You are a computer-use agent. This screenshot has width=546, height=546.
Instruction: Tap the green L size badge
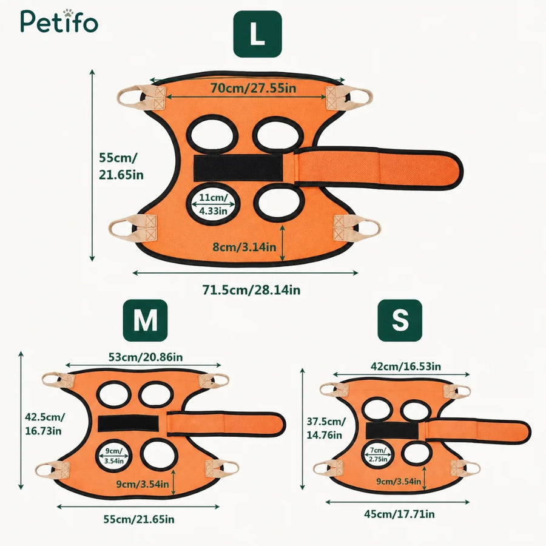point(257,34)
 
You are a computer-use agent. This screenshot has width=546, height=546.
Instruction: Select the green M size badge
point(145,320)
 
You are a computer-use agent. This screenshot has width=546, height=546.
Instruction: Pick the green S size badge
point(400,320)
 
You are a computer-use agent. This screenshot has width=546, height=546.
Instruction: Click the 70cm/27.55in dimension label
point(253,88)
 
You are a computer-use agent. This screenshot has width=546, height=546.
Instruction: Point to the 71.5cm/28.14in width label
point(251,290)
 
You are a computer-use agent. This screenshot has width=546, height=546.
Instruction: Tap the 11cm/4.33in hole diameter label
point(213,204)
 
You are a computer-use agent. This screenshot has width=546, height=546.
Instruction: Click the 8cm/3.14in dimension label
point(244,247)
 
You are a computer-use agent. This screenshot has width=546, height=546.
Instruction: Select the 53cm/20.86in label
point(146,357)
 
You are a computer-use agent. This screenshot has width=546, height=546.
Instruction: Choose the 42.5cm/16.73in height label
point(44,424)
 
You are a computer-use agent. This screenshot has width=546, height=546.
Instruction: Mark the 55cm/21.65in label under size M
point(139,519)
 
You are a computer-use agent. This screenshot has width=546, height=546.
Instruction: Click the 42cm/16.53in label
point(406,366)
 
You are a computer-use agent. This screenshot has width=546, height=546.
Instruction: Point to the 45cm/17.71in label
point(399,514)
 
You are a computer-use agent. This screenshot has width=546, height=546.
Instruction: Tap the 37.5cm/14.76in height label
point(326,428)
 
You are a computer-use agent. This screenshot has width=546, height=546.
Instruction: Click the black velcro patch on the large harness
point(238,168)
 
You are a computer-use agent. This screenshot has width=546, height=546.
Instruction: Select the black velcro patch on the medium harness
point(128,423)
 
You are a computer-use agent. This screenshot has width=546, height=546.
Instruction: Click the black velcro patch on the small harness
point(392,430)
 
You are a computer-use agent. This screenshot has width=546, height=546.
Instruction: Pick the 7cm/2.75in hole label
point(378,455)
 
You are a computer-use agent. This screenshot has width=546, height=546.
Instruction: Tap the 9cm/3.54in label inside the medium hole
point(114,456)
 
